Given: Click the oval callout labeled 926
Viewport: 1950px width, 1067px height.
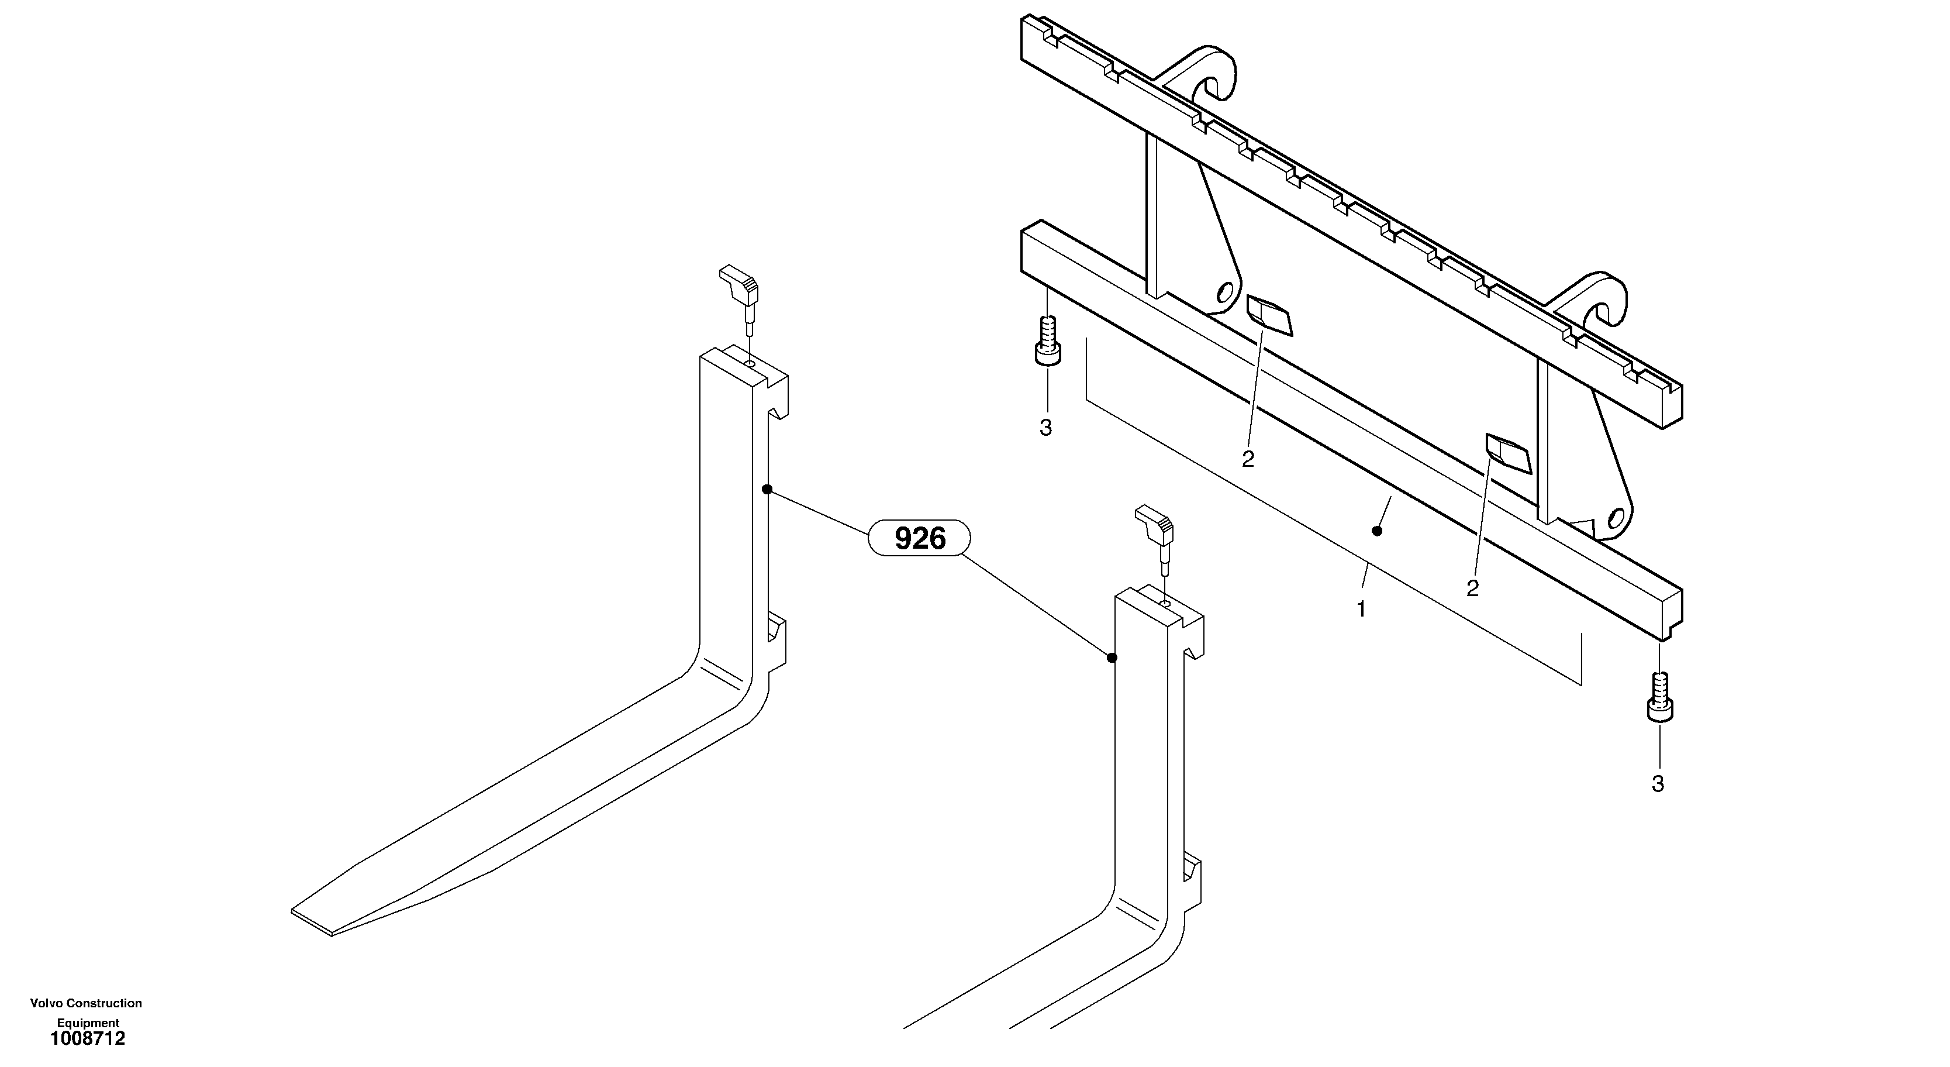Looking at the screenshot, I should tap(920, 538).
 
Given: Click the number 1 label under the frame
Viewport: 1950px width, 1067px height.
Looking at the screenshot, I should tap(1361, 609).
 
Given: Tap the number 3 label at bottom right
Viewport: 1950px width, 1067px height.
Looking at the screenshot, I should tap(1658, 784).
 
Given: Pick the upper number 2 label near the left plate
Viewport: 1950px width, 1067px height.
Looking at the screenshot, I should tap(1248, 459).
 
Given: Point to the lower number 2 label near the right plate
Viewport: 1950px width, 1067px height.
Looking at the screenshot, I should tap(1472, 588).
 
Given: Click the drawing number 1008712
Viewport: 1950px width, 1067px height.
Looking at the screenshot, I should tap(87, 1039).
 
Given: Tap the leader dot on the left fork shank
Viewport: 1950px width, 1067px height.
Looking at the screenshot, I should tap(767, 489).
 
